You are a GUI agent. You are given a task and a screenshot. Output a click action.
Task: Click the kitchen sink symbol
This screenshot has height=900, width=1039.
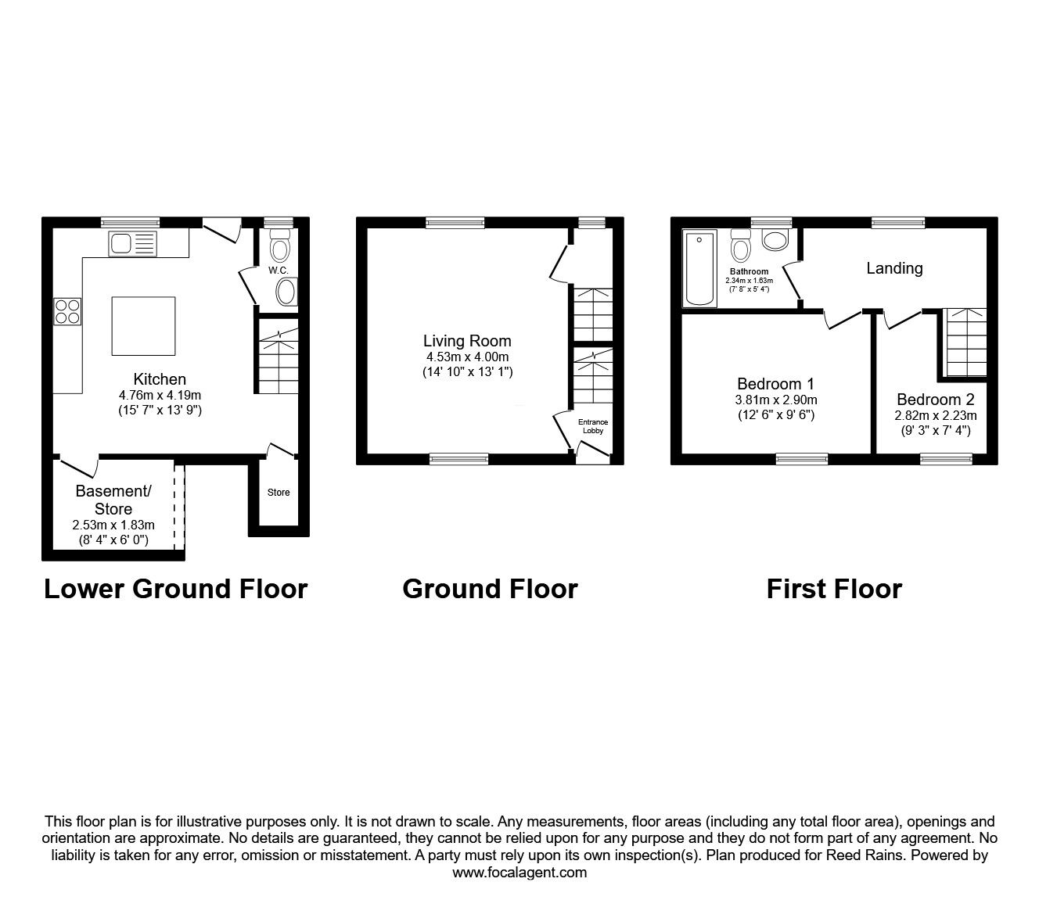coord(133,244)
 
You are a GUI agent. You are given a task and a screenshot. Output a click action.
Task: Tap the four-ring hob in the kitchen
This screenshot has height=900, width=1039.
coord(67,311)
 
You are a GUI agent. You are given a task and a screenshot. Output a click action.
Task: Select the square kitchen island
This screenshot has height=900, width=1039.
coord(143,325)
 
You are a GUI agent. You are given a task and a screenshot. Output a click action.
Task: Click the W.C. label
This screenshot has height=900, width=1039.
coord(279,271)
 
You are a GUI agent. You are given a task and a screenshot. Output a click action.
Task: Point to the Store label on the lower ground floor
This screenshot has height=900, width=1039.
coord(279,493)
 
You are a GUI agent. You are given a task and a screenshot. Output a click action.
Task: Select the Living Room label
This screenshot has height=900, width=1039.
coord(467,341)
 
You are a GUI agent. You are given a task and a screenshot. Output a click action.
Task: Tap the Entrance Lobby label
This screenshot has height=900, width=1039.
coord(592,426)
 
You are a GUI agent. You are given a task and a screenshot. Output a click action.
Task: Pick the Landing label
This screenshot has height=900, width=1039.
coord(894,268)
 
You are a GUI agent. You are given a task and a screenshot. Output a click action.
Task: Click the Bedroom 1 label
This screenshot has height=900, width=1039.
coord(775,384)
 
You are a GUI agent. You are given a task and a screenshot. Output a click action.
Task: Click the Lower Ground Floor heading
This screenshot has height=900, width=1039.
coord(175,589)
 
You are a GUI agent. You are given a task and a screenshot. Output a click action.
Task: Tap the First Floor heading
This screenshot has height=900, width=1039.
coord(834,589)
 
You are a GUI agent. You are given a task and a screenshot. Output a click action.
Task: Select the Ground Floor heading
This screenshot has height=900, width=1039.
coord(490,589)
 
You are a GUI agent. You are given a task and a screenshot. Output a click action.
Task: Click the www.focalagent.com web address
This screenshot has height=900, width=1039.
coord(519,873)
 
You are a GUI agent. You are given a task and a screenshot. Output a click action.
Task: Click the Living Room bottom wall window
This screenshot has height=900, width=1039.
coord(459,459)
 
